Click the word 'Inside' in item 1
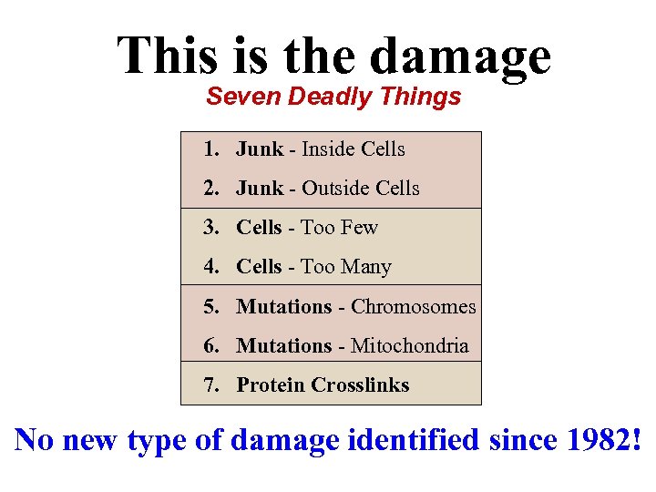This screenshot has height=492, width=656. coord(330,149)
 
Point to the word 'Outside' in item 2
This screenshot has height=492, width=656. coord(337,189)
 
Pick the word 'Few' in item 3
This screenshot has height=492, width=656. coord(360,228)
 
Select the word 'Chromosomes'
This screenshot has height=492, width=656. coord(414,306)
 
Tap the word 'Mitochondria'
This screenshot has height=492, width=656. coord(410,345)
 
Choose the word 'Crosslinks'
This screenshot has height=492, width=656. coord(361,384)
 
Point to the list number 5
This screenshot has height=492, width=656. coord(210,306)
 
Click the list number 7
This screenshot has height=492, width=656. coord(210,384)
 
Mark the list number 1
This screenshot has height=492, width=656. coord(210,149)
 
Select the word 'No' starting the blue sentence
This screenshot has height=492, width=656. coord(35,441)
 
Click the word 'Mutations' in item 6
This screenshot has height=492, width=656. coord(284,345)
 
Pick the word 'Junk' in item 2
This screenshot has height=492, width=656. coord(260,189)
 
